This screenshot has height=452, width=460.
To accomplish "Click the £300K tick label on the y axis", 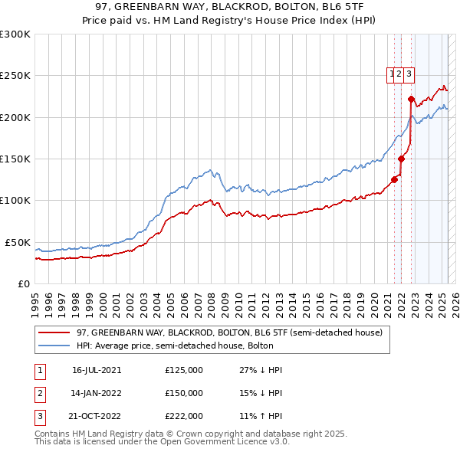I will (x=15, y=34).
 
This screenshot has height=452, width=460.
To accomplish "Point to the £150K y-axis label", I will (x=15, y=159).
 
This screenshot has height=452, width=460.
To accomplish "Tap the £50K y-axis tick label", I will (x=18, y=242).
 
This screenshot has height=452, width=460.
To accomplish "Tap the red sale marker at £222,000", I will (x=411, y=99).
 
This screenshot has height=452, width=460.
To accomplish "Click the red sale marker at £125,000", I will (x=395, y=180).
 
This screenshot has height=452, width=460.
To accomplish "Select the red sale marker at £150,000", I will (x=401, y=159).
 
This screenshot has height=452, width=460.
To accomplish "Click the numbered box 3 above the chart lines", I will (x=409, y=74).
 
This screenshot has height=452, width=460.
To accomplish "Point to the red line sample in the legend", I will (x=54, y=332).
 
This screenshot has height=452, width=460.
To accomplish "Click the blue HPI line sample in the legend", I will (x=54, y=346).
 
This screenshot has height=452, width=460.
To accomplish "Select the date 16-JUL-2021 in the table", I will (x=97, y=370).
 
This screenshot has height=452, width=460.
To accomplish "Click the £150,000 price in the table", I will (x=184, y=393).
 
